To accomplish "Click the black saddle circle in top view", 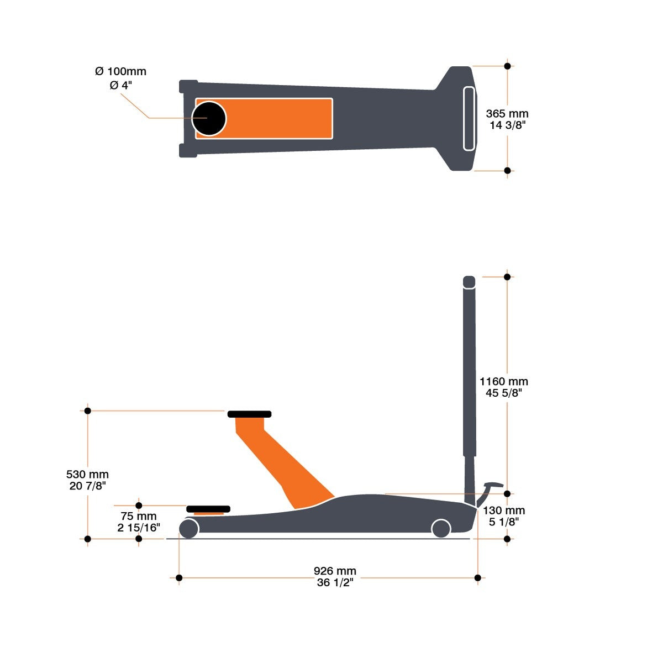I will click(x=209, y=118).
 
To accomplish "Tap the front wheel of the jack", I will click(x=189, y=528).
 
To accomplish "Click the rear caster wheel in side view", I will click(x=441, y=528).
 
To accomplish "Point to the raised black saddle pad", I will click(x=249, y=414).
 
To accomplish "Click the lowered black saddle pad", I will click(x=208, y=509).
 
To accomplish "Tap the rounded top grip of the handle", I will click(x=469, y=281).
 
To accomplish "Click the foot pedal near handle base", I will click(x=492, y=486).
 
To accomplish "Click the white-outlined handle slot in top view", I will click(x=469, y=118).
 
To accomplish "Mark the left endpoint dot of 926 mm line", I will click(x=178, y=578).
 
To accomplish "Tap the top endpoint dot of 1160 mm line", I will click(x=507, y=277).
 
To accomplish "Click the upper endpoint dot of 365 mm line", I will click(x=507, y=66).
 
